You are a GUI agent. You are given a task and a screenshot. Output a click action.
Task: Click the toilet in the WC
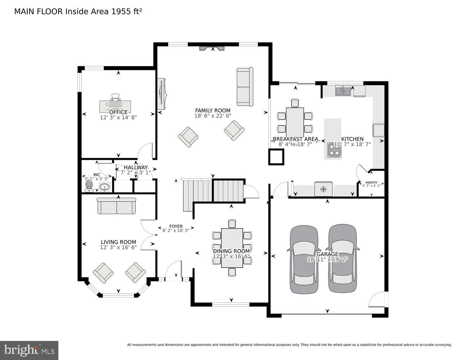89,185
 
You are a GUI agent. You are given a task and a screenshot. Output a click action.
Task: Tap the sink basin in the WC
104,187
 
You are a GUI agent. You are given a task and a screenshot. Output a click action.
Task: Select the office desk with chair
116,104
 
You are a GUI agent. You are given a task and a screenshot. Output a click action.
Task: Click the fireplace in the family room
212,49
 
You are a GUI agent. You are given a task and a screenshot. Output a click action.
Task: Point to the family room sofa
245,87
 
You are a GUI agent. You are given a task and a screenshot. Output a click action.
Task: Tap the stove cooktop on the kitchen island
334,151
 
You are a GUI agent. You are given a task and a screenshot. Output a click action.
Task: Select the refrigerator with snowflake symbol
323,189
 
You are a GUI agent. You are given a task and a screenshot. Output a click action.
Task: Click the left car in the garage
304,259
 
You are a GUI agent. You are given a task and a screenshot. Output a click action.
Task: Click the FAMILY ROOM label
212,111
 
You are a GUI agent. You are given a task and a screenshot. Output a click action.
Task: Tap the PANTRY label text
371,183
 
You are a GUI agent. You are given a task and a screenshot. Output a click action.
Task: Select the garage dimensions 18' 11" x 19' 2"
327,260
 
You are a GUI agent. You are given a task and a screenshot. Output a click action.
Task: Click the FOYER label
176,226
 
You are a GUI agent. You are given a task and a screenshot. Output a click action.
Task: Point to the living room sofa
116,206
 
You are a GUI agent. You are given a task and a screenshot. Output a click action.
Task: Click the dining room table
232,248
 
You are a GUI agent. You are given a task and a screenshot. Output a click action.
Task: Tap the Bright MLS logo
29,350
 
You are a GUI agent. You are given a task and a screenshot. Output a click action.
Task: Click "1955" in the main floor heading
121,11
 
